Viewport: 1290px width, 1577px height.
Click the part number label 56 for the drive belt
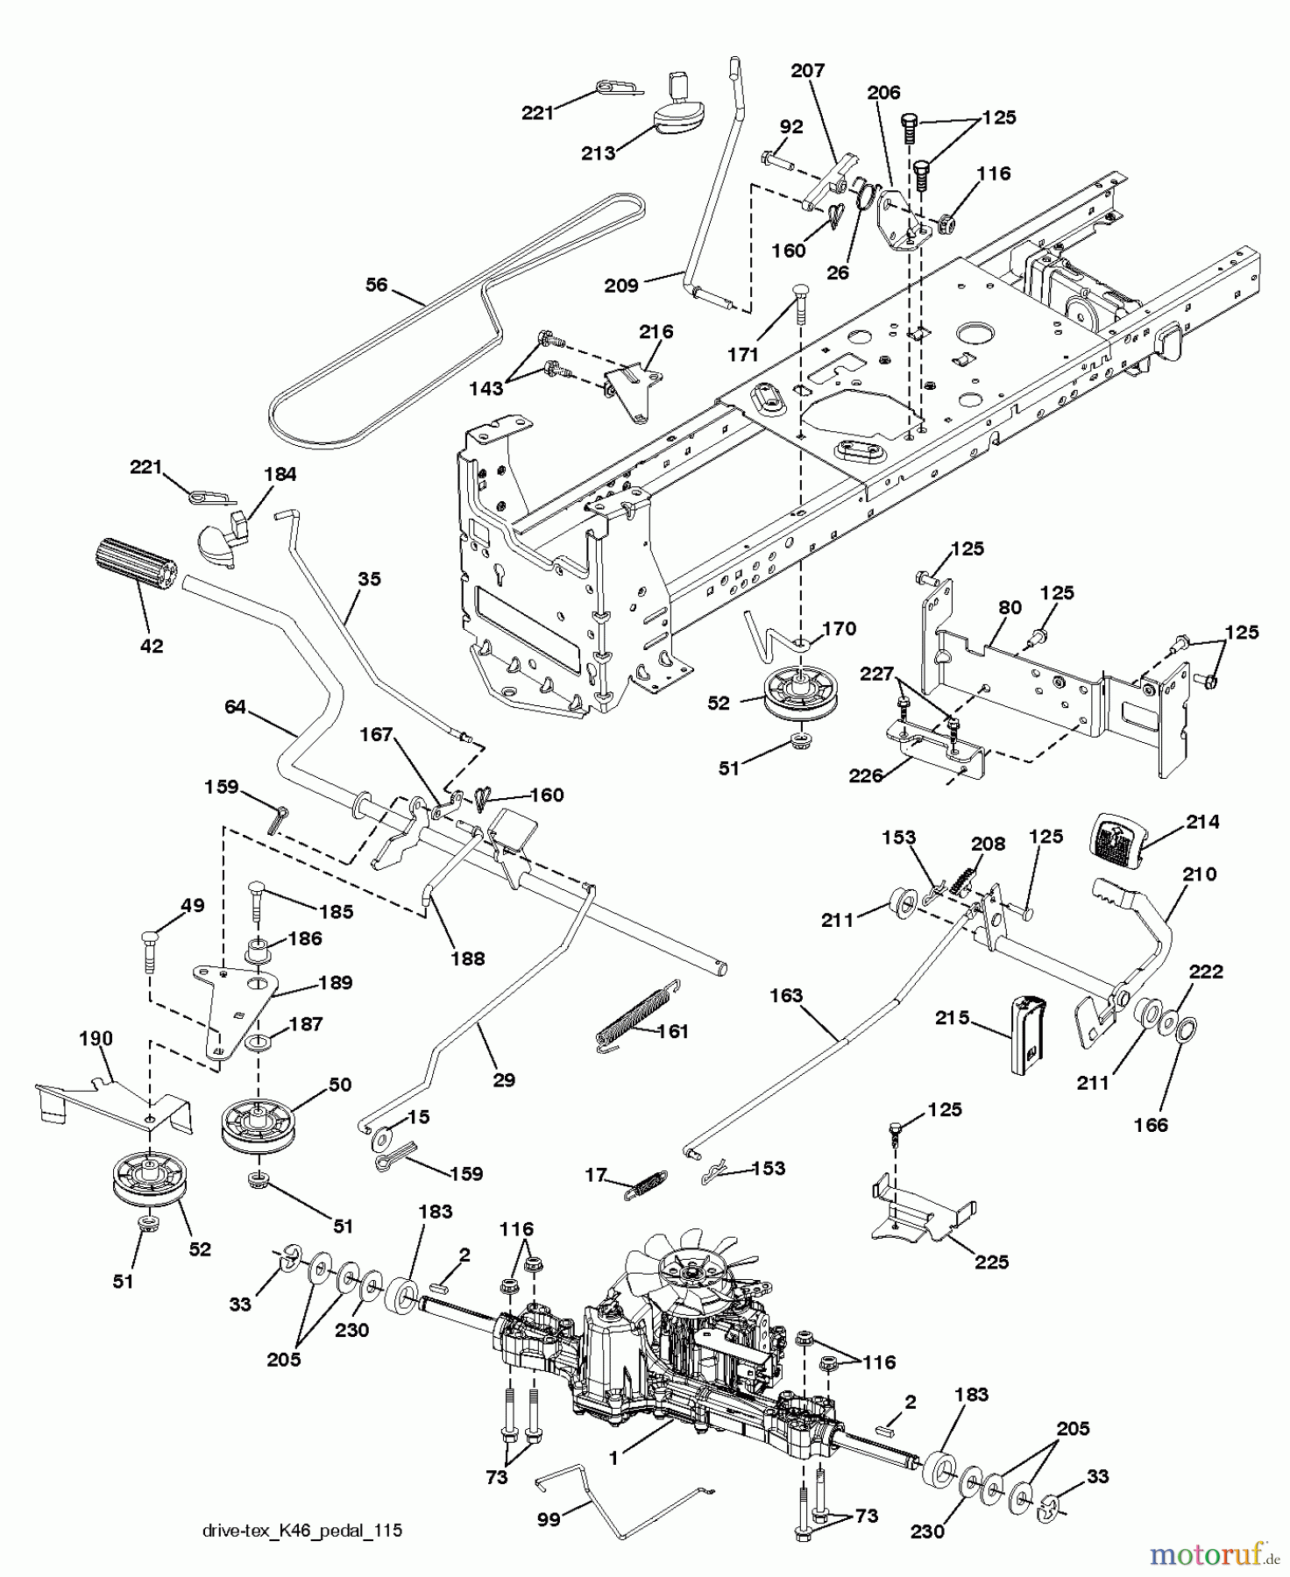tap(377, 286)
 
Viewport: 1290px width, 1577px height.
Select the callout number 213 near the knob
tap(599, 153)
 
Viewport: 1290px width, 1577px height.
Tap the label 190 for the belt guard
tap(96, 1038)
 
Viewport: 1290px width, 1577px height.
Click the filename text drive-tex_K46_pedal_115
tap(302, 1531)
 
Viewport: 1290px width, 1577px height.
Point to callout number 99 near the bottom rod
tap(549, 1518)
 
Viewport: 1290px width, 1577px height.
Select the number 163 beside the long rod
tap(786, 995)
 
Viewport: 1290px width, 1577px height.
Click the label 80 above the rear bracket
tap(1010, 607)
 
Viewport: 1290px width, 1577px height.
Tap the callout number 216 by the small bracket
tap(656, 331)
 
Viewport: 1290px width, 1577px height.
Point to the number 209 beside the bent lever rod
tap(621, 286)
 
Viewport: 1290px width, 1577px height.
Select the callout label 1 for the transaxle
tap(614, 1458)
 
